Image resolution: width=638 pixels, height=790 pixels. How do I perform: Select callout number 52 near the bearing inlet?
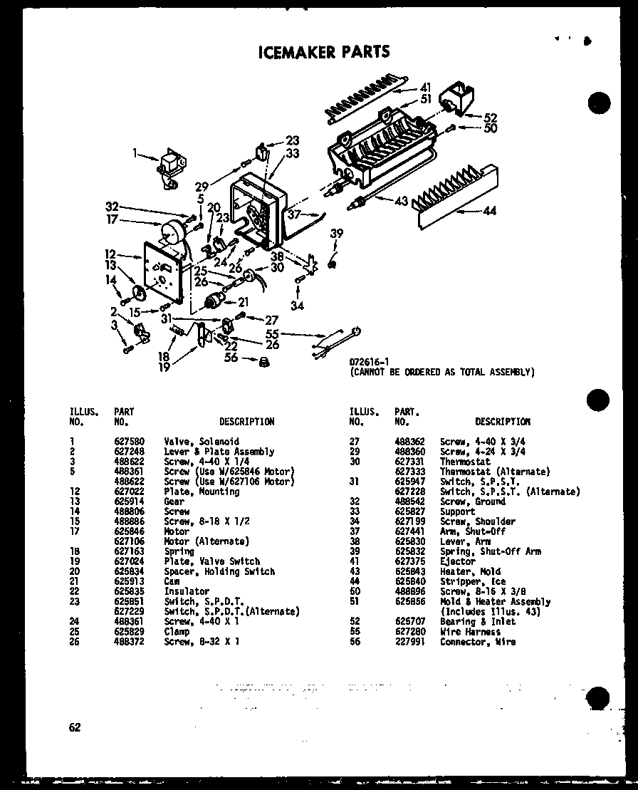[x=491, y=118]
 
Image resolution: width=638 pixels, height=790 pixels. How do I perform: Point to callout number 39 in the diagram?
[x=336, y=234]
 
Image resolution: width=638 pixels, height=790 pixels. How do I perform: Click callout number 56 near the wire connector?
[x=231, y=358]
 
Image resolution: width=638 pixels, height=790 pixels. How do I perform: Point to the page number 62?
[x=75, y=727]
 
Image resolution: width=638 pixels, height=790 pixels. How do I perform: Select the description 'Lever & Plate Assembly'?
[x=219, y=452]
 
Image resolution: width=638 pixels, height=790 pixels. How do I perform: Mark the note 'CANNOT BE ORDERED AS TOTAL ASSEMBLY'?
[x=441, y=372]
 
